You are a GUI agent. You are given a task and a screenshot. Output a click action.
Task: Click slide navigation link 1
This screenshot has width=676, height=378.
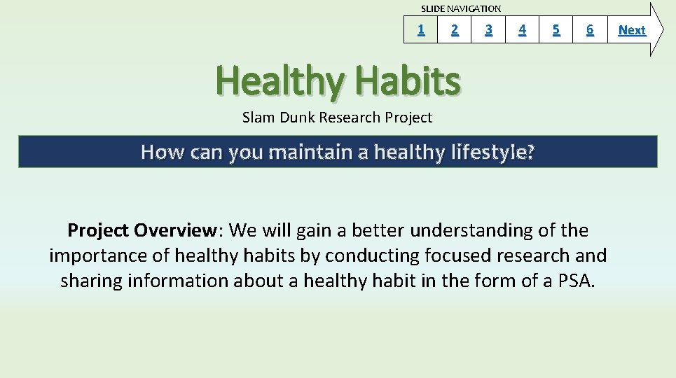click(x=421, y=29)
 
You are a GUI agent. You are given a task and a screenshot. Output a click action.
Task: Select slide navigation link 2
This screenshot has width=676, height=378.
click(x=455, y=29)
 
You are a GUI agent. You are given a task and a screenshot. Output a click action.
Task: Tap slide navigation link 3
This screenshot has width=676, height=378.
click(x=488, y=29)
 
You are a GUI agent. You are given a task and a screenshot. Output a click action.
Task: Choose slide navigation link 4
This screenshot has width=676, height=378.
click(x=522, y=29)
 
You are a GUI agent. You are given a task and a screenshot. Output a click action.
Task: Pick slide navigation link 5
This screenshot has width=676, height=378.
click(x=556, y=29)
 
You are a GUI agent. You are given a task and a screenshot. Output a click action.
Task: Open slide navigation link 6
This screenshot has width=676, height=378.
click(x=590, y=29)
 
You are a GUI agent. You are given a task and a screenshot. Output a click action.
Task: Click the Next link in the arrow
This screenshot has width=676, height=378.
click(x=632, y=29)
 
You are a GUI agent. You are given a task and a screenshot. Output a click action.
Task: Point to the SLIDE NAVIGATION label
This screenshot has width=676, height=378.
click(x=461, y=8)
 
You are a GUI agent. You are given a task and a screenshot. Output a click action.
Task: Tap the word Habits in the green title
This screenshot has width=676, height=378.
click(x=408, y=80)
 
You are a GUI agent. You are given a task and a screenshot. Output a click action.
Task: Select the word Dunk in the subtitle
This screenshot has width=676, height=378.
click(x=297, y=117)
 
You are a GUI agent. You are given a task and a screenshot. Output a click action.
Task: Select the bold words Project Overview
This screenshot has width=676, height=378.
click(x=142, y=230)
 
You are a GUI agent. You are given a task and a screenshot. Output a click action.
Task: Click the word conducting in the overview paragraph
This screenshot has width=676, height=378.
click(x=372, y=256)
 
